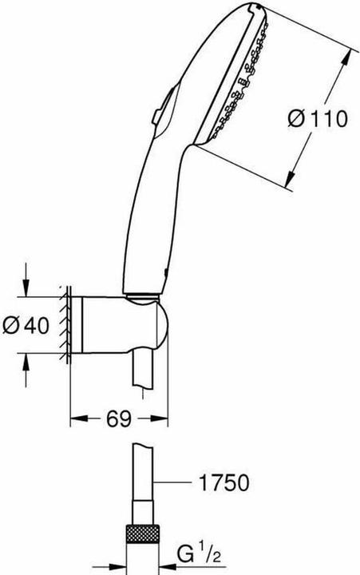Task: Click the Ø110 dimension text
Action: pyautogui.click(x=317, y=120)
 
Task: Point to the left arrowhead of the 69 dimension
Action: pyautogui.click(x=76, y=416)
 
